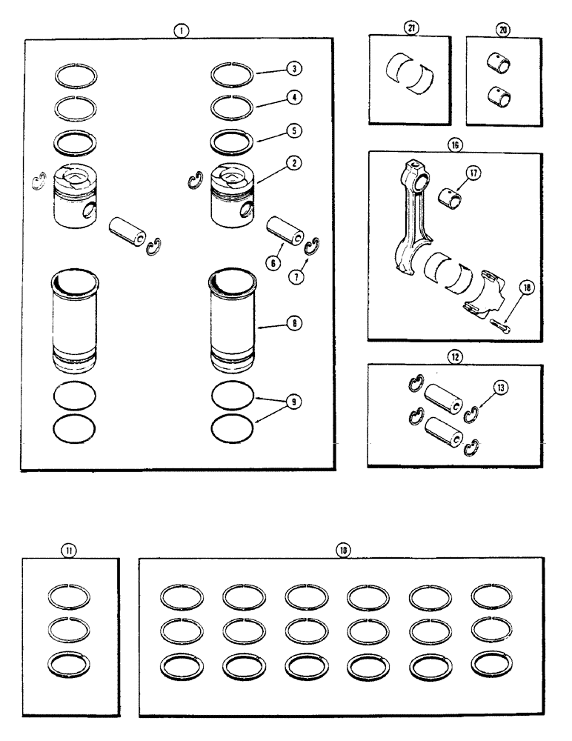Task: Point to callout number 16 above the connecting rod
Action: (x=455, y=144)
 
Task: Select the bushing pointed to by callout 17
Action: (x=448, y=199)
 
